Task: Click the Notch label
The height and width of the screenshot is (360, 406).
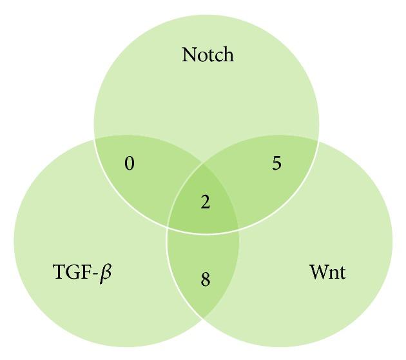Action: coord(208,54)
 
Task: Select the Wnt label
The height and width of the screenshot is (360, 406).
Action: coord(327,272)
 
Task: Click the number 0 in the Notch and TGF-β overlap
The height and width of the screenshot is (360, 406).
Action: coord(130,164)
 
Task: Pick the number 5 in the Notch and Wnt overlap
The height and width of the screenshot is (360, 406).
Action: coord(276,164)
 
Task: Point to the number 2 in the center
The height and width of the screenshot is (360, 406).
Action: coord(205,203)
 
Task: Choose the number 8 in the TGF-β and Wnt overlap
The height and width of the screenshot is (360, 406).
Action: coord(205,280)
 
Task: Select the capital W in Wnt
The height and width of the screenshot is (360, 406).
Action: coord(318,272)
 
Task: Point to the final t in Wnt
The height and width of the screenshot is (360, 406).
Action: coord(342,272)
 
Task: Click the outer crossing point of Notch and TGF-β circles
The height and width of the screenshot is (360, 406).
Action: coord(95,138)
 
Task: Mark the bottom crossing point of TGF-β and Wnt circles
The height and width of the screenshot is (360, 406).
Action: coord(204,319)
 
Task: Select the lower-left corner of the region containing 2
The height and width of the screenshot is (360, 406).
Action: coord(168,226)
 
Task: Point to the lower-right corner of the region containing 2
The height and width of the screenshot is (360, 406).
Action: coord(238,227)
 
